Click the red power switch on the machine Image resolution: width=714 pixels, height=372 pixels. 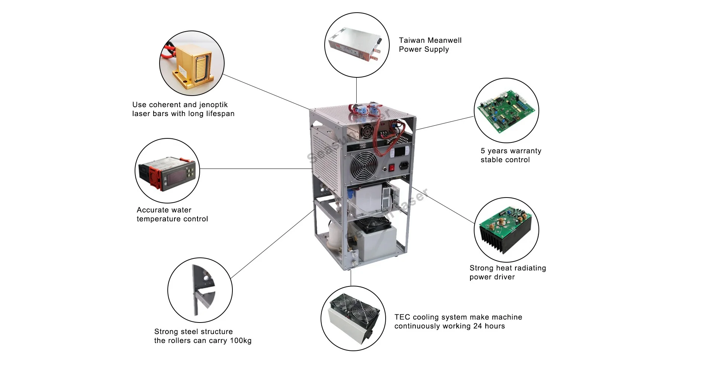click(x=391, y=168)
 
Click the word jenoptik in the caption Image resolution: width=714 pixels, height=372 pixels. click(x=213, y=105)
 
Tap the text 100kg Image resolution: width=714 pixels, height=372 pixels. click(x=240, y=341)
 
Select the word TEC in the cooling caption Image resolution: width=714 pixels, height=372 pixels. click(x=402, y=317)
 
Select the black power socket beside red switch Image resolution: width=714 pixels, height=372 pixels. click(x=404, y=166)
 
